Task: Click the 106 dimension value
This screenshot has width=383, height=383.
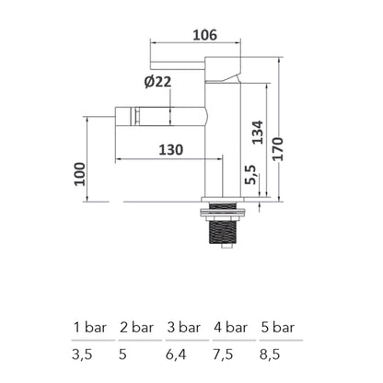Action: click(x=204, y=35)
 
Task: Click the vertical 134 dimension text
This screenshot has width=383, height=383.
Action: click(x=258, y=136)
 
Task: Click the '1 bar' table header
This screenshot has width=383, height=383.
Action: click(x=89, y=327)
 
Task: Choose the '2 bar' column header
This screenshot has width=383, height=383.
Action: click(x=136, y=327)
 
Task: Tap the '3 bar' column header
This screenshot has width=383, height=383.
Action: click(x=183, y=327)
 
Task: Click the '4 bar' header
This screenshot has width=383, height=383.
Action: click(x=230, y=327)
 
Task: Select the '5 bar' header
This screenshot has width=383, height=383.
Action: click(x=277, y=327)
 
